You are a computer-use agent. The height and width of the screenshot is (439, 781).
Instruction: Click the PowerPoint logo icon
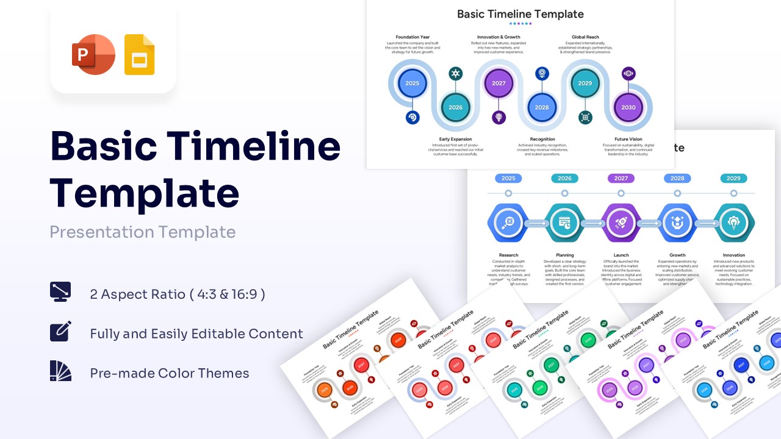coord(93,55)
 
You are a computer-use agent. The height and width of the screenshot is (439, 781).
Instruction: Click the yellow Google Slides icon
coord(139,55)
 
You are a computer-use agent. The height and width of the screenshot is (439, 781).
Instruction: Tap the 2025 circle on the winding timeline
coord(412,84)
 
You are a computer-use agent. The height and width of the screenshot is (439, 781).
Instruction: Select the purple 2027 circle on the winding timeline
coord(498,84)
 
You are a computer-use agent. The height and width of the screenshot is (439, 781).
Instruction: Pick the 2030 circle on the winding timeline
coord(628,107)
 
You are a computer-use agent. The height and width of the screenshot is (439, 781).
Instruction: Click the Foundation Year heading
coord(412,37)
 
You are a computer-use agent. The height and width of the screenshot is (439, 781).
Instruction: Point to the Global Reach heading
coord(585,37)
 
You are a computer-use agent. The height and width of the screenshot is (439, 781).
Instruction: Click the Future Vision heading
coord(628,139)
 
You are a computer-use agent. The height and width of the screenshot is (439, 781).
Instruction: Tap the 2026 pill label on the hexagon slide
coord(564,179)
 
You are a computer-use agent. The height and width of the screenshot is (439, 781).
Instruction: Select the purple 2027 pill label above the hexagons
coord(621,179)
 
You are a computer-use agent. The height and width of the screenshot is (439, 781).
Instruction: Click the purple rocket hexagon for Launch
coord(621,223)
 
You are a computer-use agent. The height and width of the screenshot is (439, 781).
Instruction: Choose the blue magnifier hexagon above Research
coord(508,223)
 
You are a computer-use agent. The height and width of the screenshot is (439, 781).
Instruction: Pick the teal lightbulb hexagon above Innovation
coord(733,223)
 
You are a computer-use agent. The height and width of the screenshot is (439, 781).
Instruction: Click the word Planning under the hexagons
coord(564,255)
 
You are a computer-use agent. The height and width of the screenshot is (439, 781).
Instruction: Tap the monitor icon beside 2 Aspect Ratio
coord(60,292)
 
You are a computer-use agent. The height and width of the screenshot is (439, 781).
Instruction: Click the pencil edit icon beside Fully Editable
coord(60,331)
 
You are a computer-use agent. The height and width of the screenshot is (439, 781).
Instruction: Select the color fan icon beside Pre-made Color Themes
coord(60,371)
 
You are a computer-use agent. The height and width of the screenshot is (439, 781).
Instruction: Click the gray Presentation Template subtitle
coord(142,232)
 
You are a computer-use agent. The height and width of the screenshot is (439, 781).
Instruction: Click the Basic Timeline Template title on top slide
coord(520,14)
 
